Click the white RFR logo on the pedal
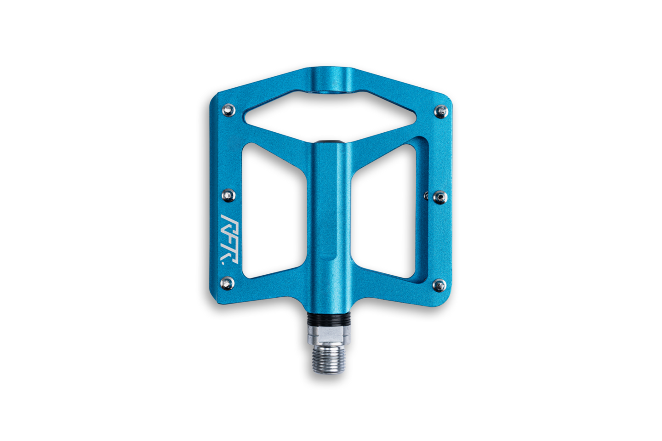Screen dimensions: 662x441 coord(230,239)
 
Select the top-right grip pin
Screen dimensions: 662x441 coord(441,112)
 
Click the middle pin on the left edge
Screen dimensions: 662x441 coord(229,195)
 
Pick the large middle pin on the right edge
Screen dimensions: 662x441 coord(440,198)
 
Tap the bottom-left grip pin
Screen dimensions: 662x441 coord(228,283)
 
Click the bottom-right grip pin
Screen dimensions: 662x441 coord(439,285)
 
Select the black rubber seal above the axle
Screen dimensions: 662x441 coord(329,319)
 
